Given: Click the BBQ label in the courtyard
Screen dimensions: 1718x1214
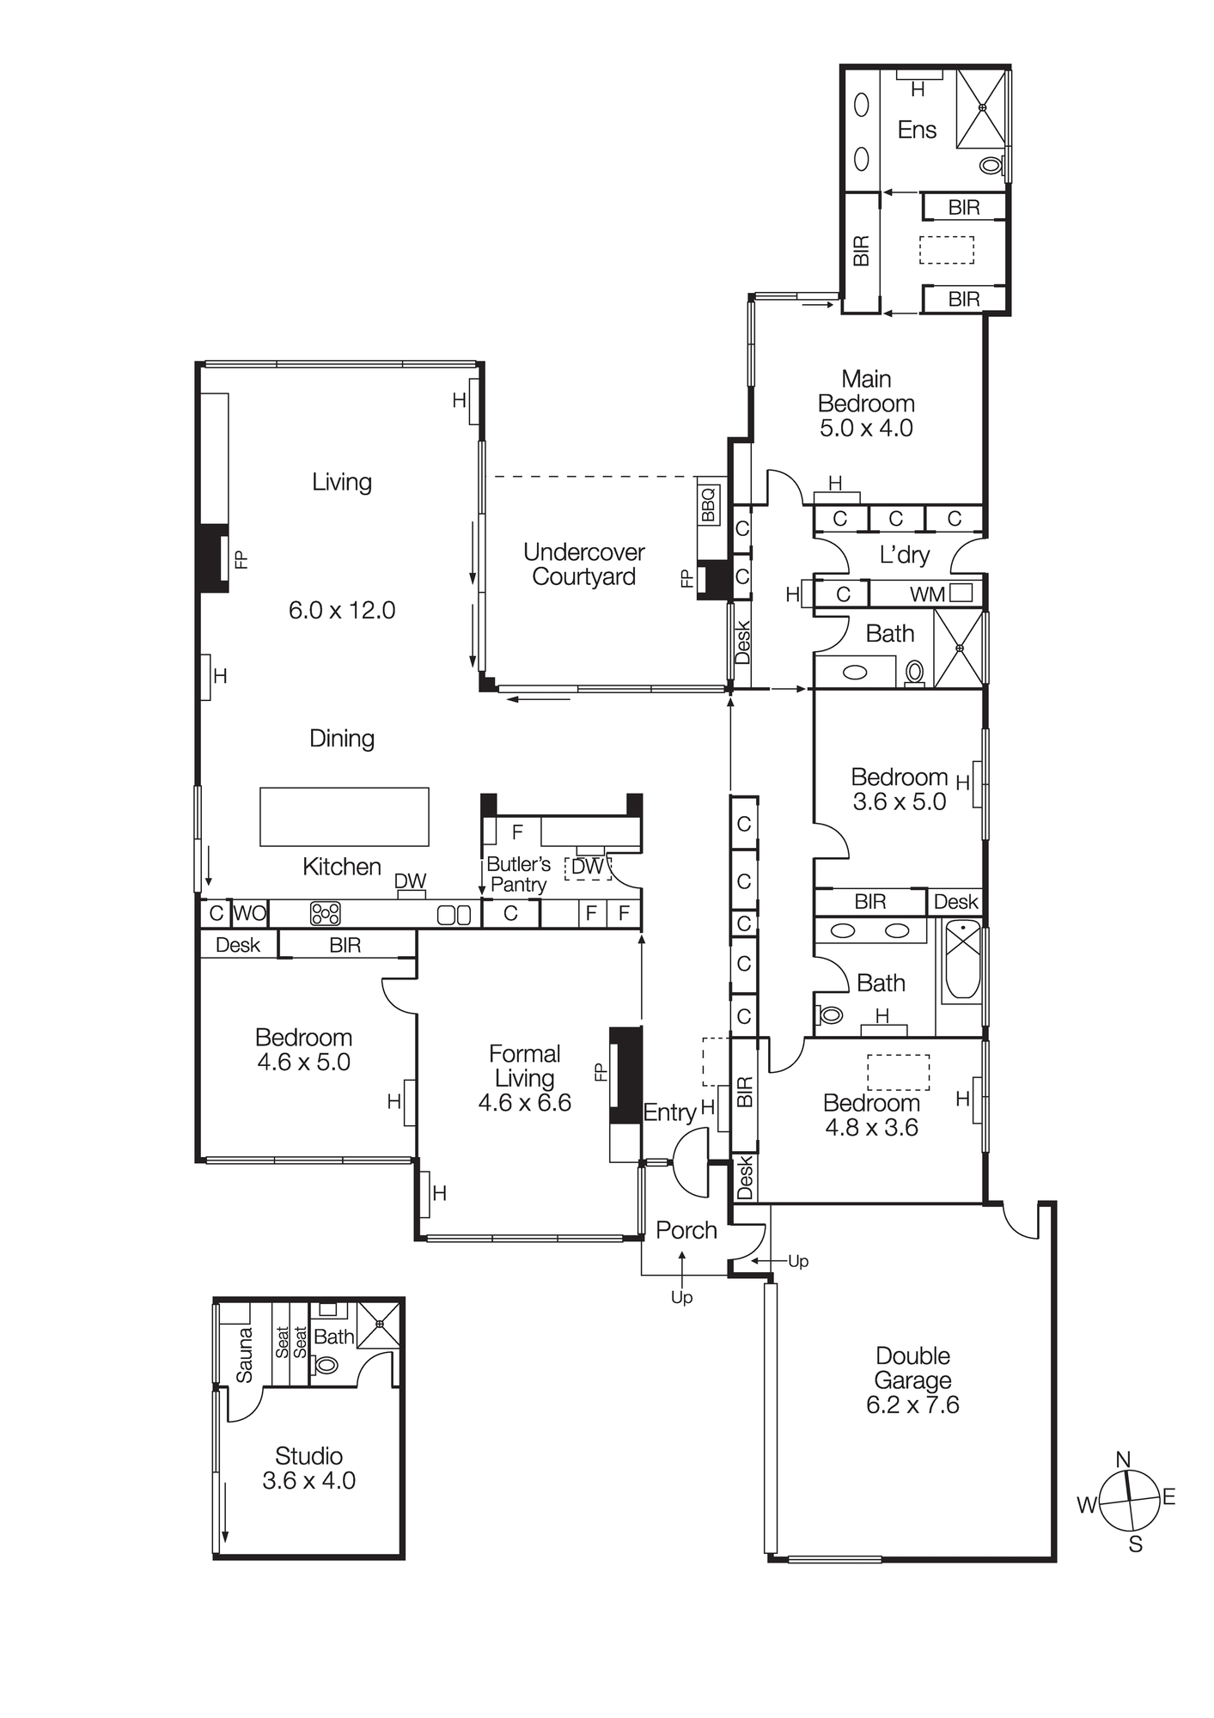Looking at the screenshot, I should coord(708,505).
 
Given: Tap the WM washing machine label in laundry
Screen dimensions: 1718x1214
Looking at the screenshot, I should coord(928,594).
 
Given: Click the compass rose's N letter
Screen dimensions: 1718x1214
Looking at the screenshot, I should coord(1123,1459).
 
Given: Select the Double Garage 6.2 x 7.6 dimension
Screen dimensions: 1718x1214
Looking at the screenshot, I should coord(912,1405).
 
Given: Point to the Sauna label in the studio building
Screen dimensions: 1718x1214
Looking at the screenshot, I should coord(245,1356).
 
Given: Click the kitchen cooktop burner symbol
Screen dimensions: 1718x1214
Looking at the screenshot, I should coord(326,913).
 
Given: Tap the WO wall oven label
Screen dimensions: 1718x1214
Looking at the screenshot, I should coord(249,913).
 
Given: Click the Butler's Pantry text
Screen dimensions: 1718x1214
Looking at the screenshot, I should coord(518,874).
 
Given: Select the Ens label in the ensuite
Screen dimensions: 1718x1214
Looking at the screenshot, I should coord(917,130).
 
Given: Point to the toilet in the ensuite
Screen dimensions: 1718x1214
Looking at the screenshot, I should coord(991,164).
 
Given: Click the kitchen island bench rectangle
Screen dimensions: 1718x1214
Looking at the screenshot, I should coord(345,817).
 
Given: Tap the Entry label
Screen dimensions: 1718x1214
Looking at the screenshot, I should coord(669,1112).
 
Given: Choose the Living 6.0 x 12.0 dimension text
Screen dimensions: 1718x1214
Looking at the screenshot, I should coord(342,611).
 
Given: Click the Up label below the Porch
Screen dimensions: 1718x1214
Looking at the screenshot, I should coord(681,1297).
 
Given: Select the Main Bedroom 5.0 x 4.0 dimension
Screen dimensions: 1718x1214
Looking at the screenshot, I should coord(866,428).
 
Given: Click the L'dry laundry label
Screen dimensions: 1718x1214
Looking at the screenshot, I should coord(904,555).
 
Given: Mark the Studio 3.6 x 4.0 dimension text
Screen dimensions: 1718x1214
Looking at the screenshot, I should coord(308,1481).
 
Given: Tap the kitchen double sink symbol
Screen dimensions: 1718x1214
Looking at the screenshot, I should coord(454,915).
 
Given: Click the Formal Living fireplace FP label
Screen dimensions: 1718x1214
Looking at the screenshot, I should coord(600,1073).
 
